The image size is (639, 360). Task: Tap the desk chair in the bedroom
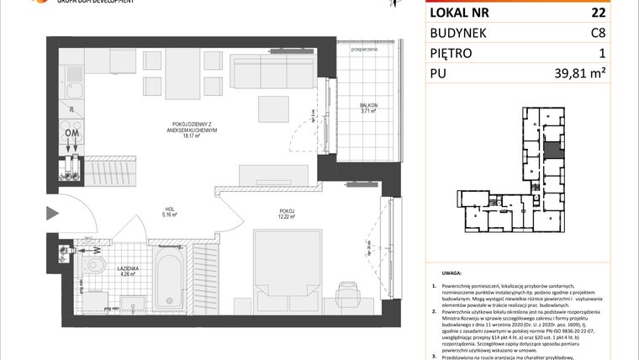coord(346,293)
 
